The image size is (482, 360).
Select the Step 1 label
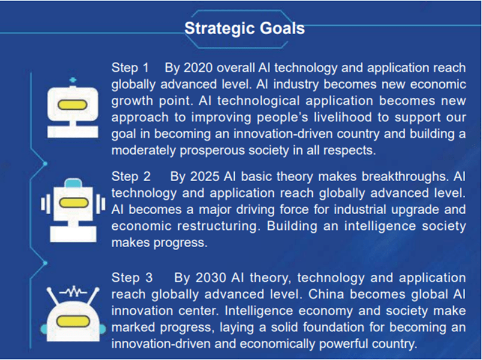pos(130,68)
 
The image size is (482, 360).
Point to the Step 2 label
pos(131,176)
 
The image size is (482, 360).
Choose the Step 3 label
pos(132,278)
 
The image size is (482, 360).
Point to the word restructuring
pos(217,226)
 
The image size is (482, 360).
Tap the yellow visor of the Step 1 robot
pos(73,105)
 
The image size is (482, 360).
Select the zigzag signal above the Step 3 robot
pos(73,292)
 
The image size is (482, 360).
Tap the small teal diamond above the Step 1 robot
pos(73,80)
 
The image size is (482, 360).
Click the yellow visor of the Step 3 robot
pos(73,321)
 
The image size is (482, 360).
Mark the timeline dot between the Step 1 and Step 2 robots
pos(45,164)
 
